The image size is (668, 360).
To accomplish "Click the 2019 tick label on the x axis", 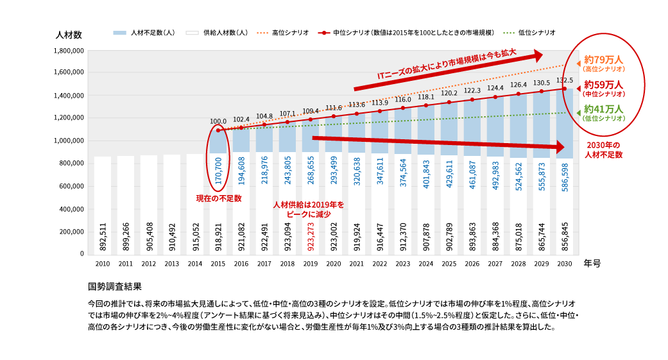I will (311, 263).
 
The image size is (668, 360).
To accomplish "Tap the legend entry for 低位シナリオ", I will (536, 32).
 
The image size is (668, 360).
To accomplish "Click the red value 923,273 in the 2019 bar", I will (311, 235).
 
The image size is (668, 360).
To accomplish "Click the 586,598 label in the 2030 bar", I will (565, 184).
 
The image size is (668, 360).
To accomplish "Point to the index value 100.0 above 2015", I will (218, 121).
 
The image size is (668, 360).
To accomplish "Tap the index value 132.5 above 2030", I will (565, 80).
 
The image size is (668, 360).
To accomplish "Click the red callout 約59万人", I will (604, 85).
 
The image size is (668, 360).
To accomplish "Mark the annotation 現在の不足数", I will (219, 198).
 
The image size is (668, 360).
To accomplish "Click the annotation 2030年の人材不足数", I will (604, 150).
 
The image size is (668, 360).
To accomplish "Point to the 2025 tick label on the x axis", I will (449, 263).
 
